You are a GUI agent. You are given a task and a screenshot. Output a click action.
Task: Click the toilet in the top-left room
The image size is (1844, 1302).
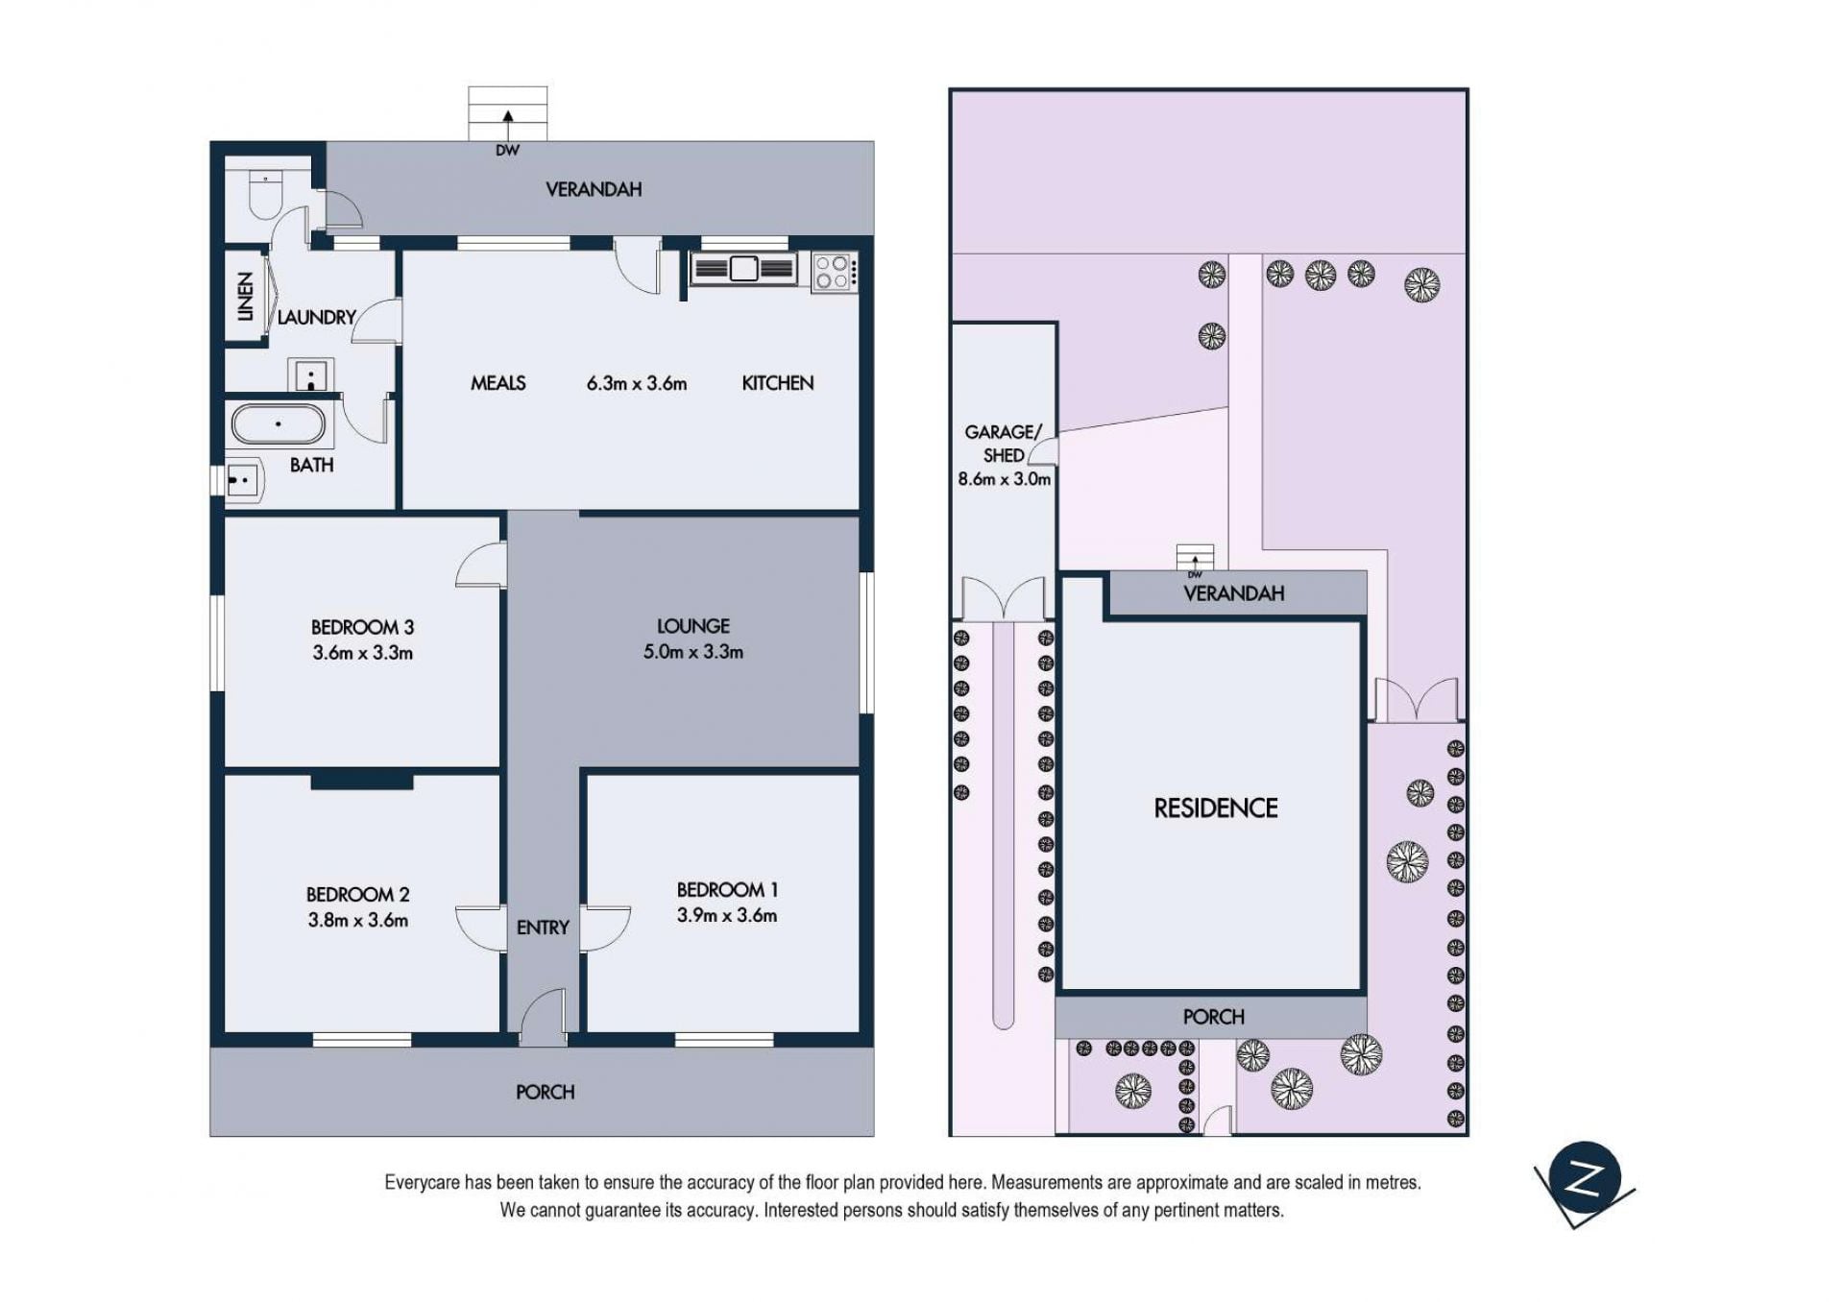[x=264, y=194]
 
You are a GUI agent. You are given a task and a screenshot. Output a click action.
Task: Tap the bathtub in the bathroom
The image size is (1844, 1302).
[x=279, y=424]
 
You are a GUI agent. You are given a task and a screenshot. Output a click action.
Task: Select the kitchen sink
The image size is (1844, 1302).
[x=743, y=269]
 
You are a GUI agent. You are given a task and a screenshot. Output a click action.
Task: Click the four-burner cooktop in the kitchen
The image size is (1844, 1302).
[x=833, y=272]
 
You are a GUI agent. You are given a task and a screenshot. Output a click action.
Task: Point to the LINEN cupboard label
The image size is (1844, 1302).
[x=246, y=296]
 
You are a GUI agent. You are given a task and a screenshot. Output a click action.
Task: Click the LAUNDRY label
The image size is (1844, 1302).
[x=316, y=317]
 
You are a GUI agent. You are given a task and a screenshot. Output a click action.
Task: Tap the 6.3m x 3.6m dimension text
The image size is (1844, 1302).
[x=637, y=383]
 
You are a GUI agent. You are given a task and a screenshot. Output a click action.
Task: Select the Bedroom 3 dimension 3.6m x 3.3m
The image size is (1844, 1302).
[x=362, y=653]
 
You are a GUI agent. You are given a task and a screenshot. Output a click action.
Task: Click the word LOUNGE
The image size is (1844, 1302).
[x=693, y=626]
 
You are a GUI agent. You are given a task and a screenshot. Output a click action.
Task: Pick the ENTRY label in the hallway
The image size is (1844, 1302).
[x=543, y=928]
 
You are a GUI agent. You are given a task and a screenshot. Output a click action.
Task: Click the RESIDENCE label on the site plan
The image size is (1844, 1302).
[x=1216, y=808]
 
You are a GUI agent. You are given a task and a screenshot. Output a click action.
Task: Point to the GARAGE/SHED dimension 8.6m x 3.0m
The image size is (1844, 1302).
[x=1005, y=479]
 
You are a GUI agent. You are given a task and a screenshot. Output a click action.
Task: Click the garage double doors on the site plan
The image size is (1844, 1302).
[x=1004, y=597]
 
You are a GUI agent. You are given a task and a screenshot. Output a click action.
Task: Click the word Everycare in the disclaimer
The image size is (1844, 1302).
[x=423, y=1183]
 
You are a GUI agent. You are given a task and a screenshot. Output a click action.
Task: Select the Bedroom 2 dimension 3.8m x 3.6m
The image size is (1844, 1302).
[x=358, y=920]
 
